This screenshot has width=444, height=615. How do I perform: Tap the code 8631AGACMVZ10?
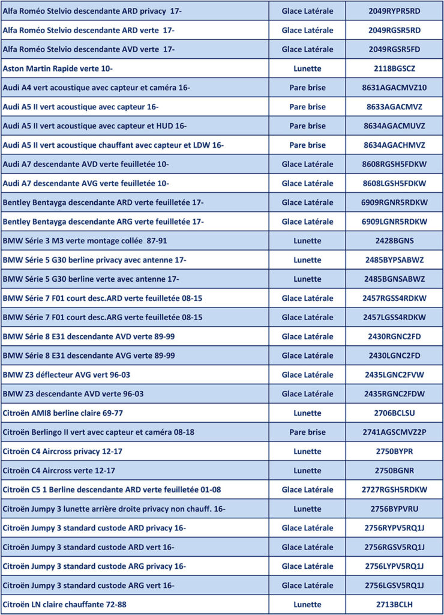(x=394, y=88)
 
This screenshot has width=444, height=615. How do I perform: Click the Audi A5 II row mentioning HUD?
(x=95, y=126)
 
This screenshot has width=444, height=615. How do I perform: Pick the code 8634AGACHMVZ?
(x=394, y=145)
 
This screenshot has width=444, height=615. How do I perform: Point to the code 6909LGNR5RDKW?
(x=394, y=222)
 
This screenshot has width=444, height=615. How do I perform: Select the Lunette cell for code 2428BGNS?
(x=307, y=241)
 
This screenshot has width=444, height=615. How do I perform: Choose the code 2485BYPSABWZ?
(x=394, y=260)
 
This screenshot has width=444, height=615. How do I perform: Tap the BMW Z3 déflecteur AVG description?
(x=67, y=375)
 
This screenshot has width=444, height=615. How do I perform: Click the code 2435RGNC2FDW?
(x=394, y=394)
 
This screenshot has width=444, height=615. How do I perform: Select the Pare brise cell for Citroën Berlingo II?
(x=307, y=432)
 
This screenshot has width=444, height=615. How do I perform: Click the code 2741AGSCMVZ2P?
(x=394, y=432)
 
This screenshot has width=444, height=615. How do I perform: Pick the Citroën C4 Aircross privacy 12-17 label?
(x=62, y=452)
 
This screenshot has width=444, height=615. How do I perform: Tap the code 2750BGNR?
(x=394, y=471)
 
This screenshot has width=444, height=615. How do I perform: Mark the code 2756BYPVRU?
(x=394, y=509)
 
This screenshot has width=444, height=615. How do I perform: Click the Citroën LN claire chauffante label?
(x=65, y=605)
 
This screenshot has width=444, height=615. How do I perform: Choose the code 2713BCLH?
(x=394, y=605)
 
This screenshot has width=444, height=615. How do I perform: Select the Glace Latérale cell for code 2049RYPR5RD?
(x=307, y=11)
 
